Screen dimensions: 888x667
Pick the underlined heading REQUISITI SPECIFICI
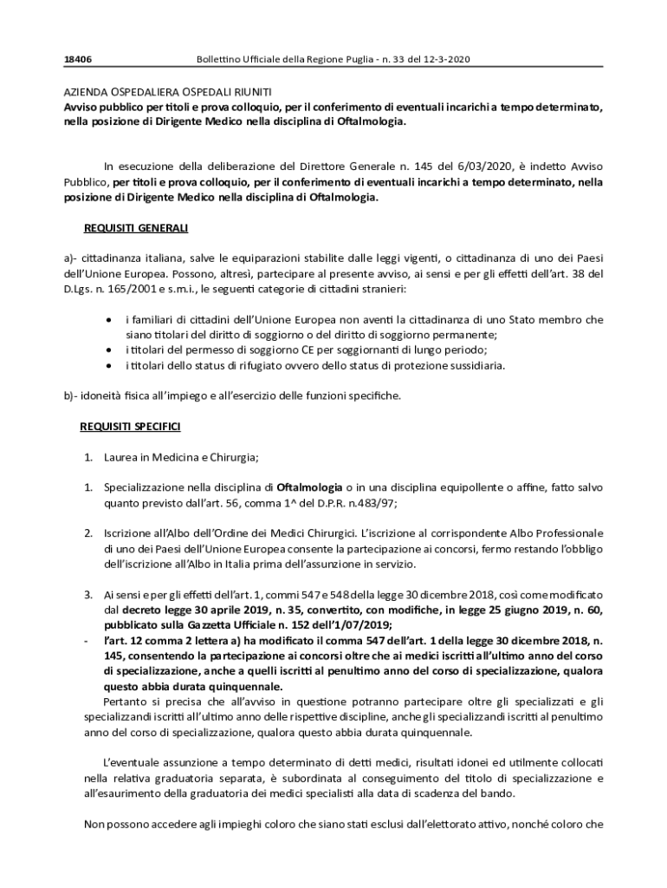click(x=130, y=427)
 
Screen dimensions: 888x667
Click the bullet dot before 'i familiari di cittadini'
click(x=107, y=320)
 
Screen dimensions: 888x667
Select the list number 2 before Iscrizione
click(x=88, y=532)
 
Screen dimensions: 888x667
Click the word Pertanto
click(x=126, y=701)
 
